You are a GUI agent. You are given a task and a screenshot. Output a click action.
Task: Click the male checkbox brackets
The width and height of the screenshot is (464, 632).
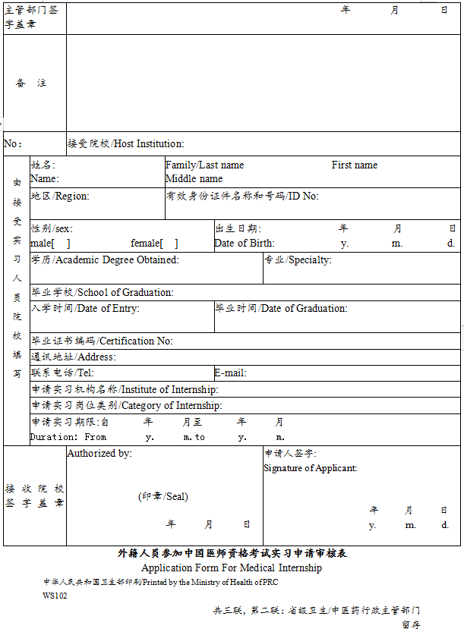point(61,244)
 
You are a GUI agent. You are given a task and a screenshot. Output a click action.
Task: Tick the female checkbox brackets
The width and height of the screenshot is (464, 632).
point(169,244)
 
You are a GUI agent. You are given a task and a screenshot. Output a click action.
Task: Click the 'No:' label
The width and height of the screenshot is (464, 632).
point(13,143)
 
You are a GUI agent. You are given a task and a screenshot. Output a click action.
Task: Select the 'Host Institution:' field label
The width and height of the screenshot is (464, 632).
point(149,143)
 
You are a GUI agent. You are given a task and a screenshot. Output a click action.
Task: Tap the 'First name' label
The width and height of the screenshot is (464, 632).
point(355,165)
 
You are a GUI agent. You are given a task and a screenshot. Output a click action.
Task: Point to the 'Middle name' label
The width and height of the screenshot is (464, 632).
point(194,178)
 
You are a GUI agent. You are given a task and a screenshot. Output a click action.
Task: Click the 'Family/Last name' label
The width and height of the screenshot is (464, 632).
point(205,165)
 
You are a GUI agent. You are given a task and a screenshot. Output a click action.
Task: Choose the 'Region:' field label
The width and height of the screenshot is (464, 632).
point(72,196)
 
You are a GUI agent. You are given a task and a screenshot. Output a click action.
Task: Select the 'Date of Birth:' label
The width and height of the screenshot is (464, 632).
point(245,244)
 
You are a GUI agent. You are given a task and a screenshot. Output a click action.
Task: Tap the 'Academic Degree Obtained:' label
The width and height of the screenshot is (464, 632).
point(118,259)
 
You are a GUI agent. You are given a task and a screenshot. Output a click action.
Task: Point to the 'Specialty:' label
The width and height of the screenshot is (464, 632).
point(310,259)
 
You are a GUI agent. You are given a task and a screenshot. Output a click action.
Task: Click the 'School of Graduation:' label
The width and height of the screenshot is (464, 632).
point(126,292)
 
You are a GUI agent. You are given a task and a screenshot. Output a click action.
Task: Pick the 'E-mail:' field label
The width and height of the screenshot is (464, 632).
point(230,373)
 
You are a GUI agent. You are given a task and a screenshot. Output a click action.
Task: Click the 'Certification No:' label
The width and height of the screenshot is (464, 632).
point(136,341)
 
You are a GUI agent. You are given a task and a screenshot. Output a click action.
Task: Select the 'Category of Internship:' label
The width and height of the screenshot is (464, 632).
point(172,405)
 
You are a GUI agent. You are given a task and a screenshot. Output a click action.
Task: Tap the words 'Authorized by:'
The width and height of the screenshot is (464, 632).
point(99,453)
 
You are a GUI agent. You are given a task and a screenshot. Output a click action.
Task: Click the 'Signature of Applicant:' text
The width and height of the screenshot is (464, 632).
point(311,468)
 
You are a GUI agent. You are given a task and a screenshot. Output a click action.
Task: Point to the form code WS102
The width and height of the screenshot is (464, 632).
point(55,596)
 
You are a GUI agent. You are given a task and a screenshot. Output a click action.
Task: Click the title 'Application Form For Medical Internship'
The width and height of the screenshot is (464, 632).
point(232,568)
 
